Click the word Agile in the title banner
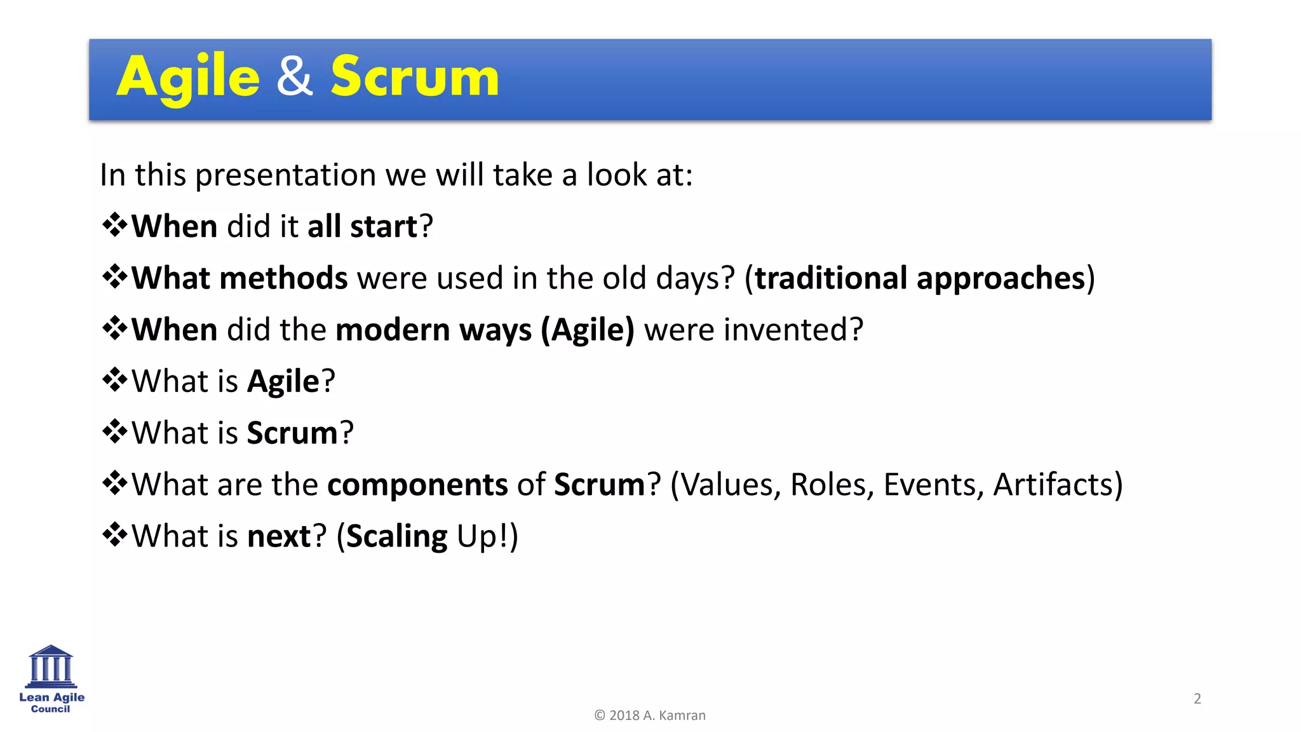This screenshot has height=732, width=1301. (x=188, y=78)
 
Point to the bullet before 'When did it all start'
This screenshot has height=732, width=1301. (x=114, y=225)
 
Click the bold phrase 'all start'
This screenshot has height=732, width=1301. (x=362, y=227)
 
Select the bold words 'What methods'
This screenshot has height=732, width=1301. (x=239, y=278)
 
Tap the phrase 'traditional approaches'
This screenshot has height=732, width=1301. (x=920, y=278)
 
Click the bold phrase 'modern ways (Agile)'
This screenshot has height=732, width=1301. (x=485, y=330)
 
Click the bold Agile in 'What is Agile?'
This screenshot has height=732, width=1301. (x=283, y=382)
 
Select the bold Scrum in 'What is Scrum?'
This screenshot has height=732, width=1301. (x=292, y=433)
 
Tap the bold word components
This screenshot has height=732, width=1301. (x=417, y=485)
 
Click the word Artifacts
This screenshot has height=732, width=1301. (x=1052, y=485)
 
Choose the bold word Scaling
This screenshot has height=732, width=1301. (x=397, y=537)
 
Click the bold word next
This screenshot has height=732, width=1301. (x=279, y=537)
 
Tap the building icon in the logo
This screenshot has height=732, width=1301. (x=51, y=667)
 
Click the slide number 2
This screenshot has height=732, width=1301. (x=1197, y=699)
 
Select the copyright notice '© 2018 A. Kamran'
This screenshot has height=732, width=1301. (x=650, y=715)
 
